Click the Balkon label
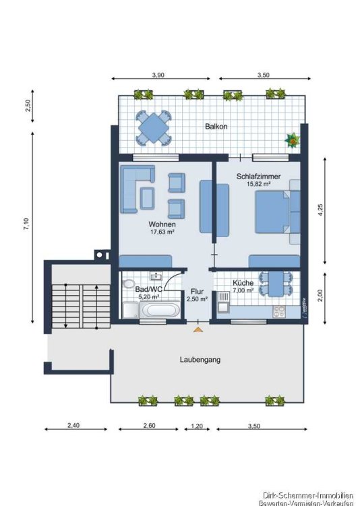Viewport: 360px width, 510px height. tap(216, 127)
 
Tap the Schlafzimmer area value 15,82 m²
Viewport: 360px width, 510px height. tap(259, 184)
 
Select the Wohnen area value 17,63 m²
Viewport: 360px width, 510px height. tap(162, 232)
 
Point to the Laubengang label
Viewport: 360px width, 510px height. tap(200, 359)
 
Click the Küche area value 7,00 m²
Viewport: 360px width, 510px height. tap(243, 290)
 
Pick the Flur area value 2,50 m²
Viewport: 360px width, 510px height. tap(198, 299)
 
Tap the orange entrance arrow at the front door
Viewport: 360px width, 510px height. tap(198, 330)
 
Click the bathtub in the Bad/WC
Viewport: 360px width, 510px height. tap(160, 310)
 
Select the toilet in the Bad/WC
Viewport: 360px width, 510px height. tap(127, 284)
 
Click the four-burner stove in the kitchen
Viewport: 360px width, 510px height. tap(279, 311)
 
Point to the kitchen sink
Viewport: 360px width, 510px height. tap(223, 301)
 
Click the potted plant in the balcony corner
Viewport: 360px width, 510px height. tap(292, 141)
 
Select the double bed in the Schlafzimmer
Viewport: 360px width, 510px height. tap(277, 212)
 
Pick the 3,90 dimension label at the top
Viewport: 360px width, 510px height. tap(158, 75)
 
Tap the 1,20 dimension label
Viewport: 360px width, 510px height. tap(197, 426)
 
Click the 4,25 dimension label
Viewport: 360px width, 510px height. tap(321, 210)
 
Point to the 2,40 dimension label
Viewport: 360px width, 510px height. tap(73, 425)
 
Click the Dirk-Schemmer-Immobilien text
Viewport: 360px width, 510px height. tap(308, 497)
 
